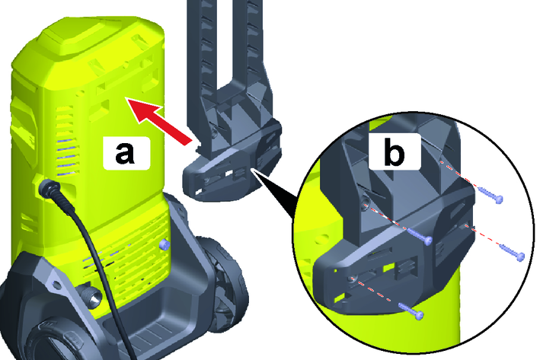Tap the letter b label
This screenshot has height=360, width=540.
click(394, 151)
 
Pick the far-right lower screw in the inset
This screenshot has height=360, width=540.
click(512, 252)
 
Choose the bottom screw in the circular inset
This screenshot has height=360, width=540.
click(411, 311)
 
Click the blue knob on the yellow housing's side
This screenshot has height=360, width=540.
click(165, 245)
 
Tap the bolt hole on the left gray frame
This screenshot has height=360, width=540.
click(56, 284)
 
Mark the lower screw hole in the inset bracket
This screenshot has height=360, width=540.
click(351, 279)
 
